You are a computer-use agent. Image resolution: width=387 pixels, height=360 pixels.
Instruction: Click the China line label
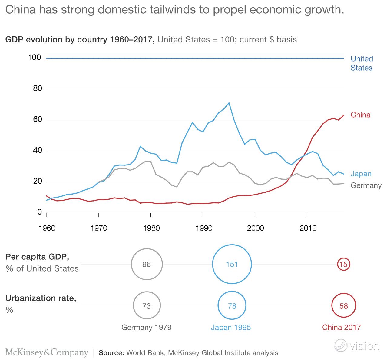coord(360,115)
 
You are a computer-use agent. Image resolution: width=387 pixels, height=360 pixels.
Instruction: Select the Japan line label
coord(361,174)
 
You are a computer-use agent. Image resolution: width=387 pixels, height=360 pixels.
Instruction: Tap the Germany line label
coord(366,185)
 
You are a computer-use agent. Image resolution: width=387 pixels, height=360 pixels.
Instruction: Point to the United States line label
coord(362,63)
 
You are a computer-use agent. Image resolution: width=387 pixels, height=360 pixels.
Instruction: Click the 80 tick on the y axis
coord(35,89)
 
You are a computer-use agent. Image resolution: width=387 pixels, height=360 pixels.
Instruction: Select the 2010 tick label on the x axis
coord(308,228)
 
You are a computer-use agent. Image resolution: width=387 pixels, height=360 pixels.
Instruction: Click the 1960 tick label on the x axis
coord(47,228)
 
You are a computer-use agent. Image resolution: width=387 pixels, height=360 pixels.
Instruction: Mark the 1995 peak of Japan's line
coord(229,103)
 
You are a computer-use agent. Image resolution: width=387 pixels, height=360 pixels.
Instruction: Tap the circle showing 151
coord(232,264)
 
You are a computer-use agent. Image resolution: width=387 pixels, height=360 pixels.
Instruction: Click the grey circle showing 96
coord(147,264)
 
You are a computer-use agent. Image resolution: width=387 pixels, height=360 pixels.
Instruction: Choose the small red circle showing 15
coord(344,264)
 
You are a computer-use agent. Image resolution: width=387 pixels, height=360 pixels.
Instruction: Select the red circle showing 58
coord(344,306)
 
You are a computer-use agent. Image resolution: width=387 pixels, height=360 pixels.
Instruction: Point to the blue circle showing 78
coord(232,306)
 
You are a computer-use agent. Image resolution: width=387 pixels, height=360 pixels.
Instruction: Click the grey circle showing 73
coord(147,306)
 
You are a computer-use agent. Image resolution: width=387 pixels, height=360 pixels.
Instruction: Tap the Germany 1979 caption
coord(147,327)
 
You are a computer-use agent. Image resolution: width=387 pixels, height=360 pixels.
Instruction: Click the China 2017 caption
coord(341,327)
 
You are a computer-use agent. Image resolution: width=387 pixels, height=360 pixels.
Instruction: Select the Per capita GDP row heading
coord(37,257)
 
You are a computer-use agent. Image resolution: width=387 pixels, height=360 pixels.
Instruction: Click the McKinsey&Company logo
coord(47,352)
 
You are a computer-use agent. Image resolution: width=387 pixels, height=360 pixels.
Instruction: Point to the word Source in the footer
coord(111,353)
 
